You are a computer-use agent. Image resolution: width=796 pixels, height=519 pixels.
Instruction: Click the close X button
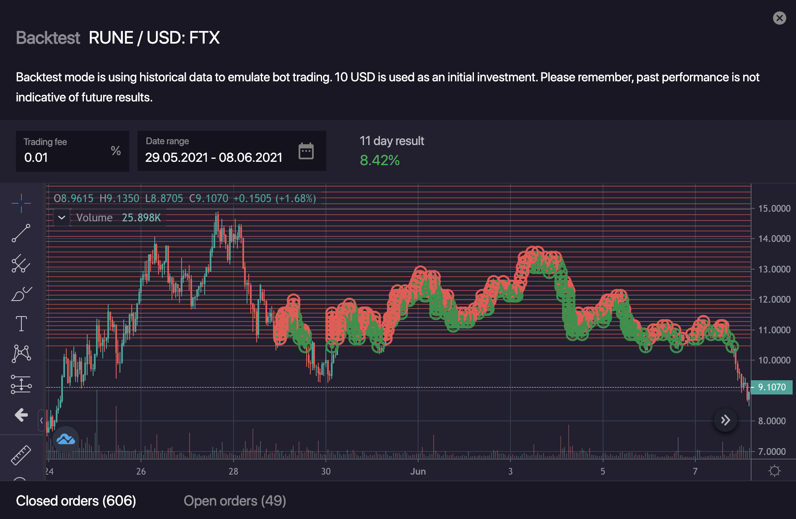(x=779, y=18)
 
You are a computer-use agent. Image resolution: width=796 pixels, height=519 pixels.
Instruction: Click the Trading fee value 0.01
(x=36, y=158)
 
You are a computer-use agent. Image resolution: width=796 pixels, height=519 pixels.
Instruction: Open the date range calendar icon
(x=306, y=151)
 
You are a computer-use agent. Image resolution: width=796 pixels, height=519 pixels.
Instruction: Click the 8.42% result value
(x=380, y=160)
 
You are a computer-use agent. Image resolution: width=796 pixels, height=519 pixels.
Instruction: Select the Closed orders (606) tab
(x=76, y=501)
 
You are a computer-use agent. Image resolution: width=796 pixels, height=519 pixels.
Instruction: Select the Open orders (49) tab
(x=234, y=501)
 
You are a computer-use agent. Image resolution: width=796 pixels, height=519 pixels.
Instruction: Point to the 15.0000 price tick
(x=774, y=208)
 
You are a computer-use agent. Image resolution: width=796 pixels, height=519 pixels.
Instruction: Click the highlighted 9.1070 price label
(x=772, y=387)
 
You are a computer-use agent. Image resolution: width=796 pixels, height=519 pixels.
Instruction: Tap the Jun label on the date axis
(x=418, y=472)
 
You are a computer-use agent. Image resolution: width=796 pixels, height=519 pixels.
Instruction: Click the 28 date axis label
(x=233, y=472)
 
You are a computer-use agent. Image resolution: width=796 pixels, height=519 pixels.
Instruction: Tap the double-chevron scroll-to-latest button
(x=725, y=420)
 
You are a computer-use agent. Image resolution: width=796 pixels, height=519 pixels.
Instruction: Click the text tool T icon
(x=21, y=324)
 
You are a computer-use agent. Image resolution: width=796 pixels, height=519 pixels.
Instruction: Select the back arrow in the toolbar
(x=21, y=415)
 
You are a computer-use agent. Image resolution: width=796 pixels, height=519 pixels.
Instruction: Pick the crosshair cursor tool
(x=21, y=203)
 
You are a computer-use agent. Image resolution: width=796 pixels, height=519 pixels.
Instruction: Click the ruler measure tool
(x=21, y=455)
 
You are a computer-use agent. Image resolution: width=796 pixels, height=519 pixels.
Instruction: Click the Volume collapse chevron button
(x=62, y=218)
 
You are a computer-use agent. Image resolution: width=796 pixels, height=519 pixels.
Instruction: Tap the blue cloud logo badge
(x=66, y=439)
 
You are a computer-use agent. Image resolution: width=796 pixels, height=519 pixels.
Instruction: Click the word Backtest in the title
(x=48, y=38)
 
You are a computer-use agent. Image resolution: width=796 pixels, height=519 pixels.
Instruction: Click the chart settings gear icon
(x=774, y=471)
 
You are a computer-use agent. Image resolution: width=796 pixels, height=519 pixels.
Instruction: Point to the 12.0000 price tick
(x=774, y=299)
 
